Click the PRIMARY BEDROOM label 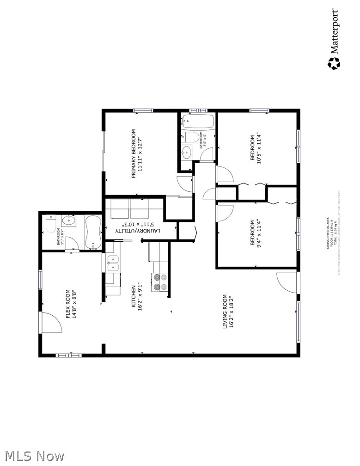137,154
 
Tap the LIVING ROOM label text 228,312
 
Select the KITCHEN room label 137,297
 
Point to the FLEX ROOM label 71,304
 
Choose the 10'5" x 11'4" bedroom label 256,148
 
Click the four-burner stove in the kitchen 159,282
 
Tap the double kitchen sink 112,263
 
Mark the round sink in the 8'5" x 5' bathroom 186,152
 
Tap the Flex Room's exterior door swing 51,322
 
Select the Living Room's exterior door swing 287,282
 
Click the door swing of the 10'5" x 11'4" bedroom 225,174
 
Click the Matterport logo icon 334,63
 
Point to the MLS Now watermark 32,456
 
